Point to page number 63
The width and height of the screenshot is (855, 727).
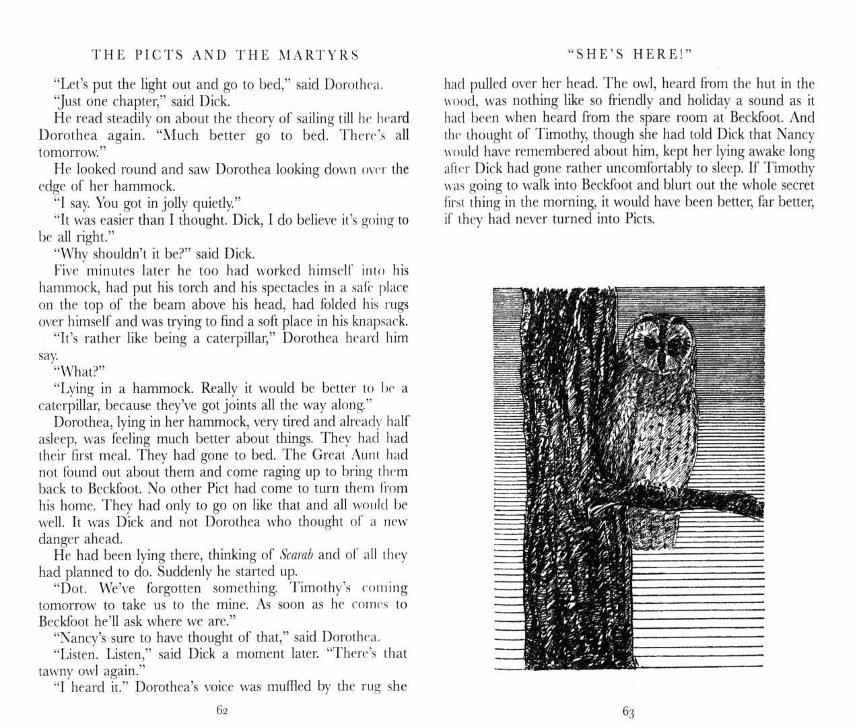click(629, 711)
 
